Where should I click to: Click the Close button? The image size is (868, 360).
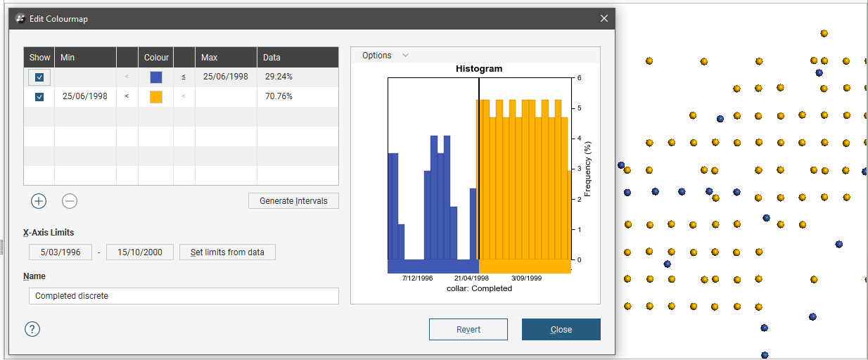(561, 329)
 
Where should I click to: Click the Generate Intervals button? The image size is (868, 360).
(293, 200)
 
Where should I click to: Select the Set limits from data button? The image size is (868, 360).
(227, 252)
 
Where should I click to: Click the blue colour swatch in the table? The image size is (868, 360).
(156, 77)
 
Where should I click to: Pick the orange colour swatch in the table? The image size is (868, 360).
(156, 96)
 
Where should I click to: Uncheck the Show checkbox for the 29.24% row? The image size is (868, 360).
(39, 77)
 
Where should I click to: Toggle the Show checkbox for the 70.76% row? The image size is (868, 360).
(39, 96)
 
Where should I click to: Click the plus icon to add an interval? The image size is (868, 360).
(39, 201)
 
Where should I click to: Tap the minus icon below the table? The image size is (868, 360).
(70, 201)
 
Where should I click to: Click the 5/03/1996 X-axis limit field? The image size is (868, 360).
(60, 252)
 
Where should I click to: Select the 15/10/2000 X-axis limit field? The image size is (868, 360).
(139, 252)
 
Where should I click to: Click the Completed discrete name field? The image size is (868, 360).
(183, 296)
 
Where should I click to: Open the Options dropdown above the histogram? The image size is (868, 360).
(385, 56)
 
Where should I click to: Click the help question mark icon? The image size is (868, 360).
(32, 329)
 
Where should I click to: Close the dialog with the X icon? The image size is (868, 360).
(604, 19)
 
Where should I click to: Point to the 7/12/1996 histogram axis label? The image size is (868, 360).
(418, 278)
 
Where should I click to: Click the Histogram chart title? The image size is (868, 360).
(479, 69)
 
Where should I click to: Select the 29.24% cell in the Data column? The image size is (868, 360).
(279, 77)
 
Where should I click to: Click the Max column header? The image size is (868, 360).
(209, 57)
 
